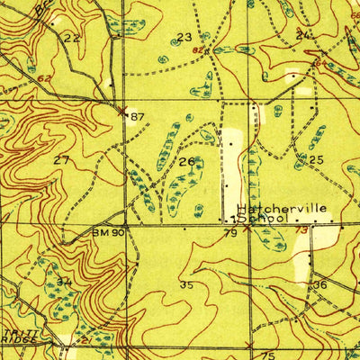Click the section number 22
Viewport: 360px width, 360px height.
[x=71, y=38]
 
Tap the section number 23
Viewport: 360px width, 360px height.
[x=184, y=37]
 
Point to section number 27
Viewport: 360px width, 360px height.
[x=61, y=159]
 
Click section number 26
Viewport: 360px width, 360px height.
[x=186, y=162]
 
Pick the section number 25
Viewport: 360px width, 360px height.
[x=315, y=159]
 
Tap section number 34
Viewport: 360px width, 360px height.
[x=64, y=282]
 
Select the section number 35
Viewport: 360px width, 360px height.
[x=186, y=285]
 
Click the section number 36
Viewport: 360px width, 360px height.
[x=319, y=284]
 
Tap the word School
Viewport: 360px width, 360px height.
[x=261, y=218]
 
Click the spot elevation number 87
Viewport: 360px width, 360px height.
[x=137, y=117]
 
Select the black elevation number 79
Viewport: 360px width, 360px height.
[x=230, y=234]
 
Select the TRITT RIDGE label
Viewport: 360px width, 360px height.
[x=17, y=337]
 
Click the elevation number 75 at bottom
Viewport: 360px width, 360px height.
[x=266, y=355]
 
